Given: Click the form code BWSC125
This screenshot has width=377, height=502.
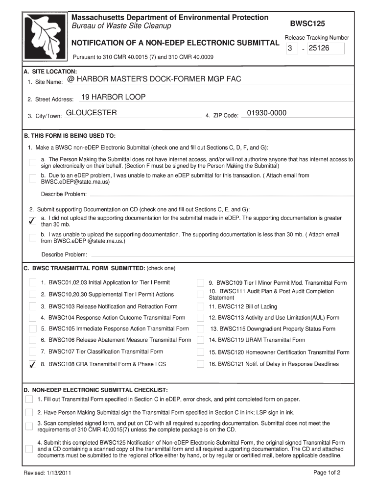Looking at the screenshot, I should coord(307,24).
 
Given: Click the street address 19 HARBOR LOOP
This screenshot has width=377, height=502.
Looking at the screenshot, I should coord(113,97).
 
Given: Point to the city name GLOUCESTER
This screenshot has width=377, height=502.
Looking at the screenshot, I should coord(92,113).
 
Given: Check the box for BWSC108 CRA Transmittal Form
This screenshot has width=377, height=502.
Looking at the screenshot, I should coord(32,364).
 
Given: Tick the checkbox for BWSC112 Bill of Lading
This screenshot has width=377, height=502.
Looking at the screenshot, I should coord(200,306).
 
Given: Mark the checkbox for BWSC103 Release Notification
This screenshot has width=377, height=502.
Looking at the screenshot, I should coord(32,306).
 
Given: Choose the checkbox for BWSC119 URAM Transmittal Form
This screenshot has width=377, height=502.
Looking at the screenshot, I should coord(200,340).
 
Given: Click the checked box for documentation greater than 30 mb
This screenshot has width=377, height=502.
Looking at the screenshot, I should coord(32,221).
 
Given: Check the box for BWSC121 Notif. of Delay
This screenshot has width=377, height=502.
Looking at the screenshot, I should coord(200,364).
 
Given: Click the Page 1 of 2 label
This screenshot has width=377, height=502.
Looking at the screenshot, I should coord(327,473).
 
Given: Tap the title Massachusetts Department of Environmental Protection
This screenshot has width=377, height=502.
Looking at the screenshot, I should coord(170,18).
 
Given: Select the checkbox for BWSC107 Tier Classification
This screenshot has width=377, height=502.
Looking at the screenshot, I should coord(32,351).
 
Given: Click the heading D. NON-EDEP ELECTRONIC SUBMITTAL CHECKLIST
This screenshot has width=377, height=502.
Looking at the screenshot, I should coord(96,390).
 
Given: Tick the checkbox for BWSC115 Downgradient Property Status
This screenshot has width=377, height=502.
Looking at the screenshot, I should coord(200,329).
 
